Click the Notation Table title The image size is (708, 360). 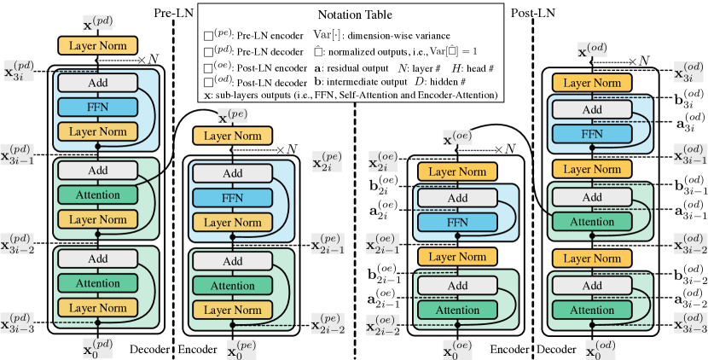pyautogui.click(x=355, y=15)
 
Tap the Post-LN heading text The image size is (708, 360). pyautogui.click(x=533, y=13)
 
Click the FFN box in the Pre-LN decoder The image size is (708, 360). pyautogui.click(x=97, y=107)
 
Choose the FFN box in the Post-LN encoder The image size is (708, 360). pyautogui.click(x=457, y=223)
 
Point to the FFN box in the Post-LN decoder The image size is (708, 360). pyautogui.click(x=591, y=134)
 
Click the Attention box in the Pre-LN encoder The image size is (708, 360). pyautogui.click(x=233, y=286)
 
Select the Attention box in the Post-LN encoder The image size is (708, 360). pyautogui.click(x=457, y=311)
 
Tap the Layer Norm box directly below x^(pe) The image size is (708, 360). pyautogui.click(x=233, y=136)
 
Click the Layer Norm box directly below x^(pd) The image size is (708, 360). pyautogui.click(x=97, y=45)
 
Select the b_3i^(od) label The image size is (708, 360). pyautogui.click(x=690, y=98)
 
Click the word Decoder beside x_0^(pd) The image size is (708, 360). pyautogui.click(x=149, y=349)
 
